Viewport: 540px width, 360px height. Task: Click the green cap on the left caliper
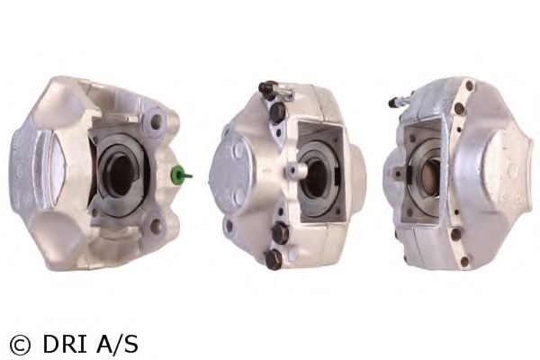(181, 173)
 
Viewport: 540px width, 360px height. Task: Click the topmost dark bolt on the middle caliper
(267, 89)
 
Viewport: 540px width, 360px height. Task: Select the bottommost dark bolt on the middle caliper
(273, 259)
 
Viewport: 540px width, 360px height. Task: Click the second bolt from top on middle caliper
(278, 111)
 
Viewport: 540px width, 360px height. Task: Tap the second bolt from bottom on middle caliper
(280, 232)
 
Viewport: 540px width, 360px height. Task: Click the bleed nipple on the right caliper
(397, 101)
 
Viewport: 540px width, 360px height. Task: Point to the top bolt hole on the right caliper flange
(469, 86)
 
